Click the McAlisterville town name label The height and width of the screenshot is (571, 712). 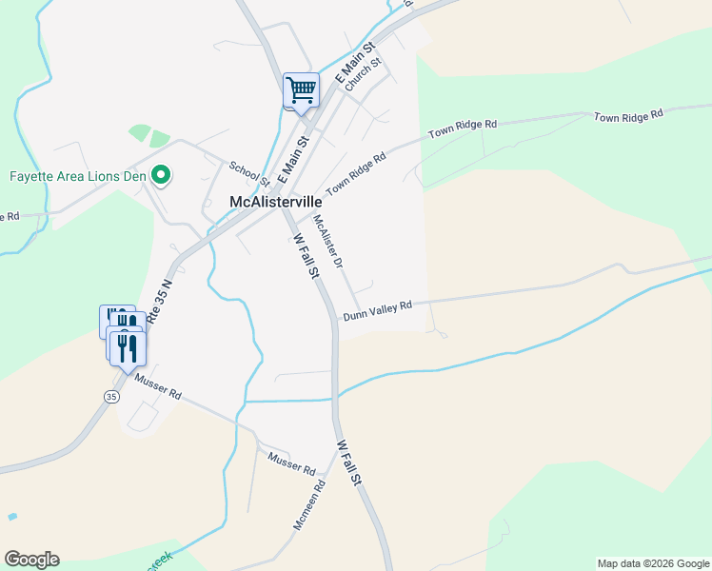point(276,202)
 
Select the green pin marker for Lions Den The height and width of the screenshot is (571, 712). point(162,175)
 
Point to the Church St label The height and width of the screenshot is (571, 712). point(363,74)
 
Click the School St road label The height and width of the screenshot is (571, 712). point(249,173)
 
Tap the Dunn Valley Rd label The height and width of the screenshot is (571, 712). point(377,310)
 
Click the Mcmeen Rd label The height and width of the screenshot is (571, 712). point(309,504)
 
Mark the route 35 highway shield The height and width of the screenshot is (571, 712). point(111,395)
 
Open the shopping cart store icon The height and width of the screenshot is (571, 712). point(302,91)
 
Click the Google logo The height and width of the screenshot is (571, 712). point(31,560)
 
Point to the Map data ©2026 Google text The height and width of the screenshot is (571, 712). point(653,563)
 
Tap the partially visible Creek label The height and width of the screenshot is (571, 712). point(158,560)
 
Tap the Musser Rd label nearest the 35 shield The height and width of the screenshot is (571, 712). point(157,388)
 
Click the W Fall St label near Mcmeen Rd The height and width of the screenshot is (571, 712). point(349,463)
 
